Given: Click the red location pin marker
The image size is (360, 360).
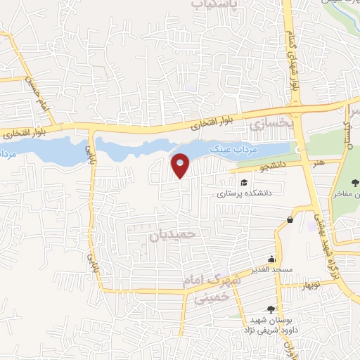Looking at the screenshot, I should coord(181,165).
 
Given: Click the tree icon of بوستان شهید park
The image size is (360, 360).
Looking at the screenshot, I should coord(271,309).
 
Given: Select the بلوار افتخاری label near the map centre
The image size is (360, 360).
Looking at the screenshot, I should coord(209,123).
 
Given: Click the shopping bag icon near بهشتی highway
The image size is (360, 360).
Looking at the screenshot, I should coord(290,221).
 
